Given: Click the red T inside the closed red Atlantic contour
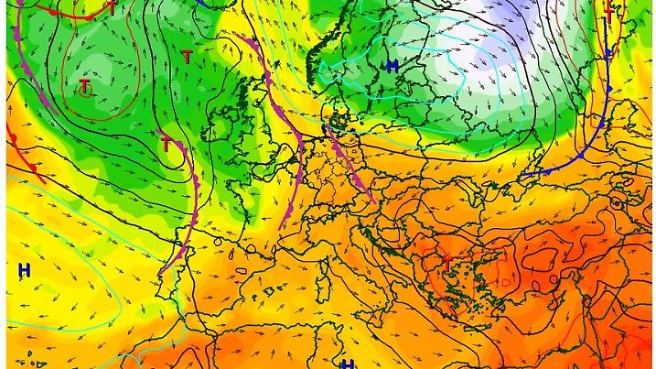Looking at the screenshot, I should click(85, 87).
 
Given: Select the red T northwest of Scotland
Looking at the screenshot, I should click(187, 57).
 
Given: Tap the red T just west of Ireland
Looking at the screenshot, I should click(167, 144).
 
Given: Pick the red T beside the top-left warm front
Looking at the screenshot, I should click(112, 7).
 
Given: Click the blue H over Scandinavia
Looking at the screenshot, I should click(392, 66).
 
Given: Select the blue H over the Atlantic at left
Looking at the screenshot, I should click(24, 269).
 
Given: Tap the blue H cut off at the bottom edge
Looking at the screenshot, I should click(347, 364).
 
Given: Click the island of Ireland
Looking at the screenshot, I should click(220, 124).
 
